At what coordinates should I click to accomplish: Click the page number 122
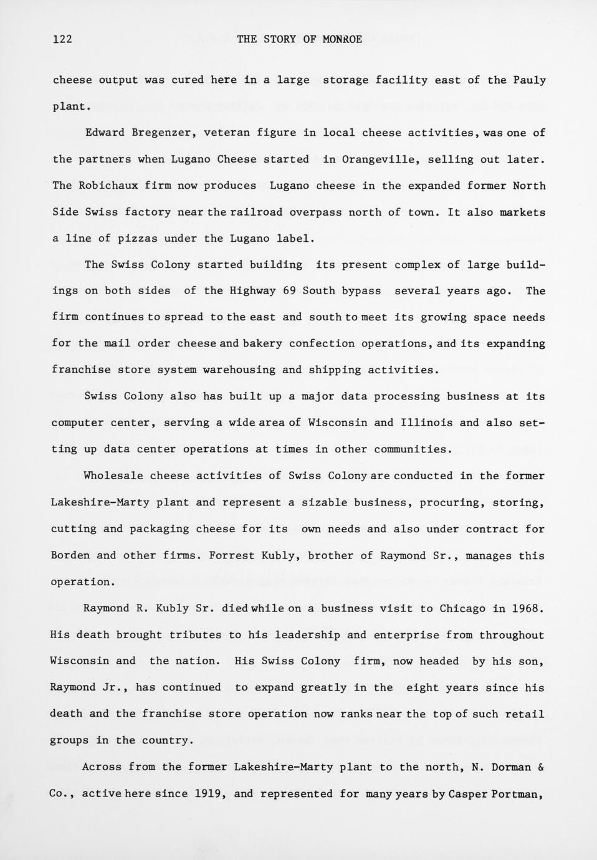click(62, 39)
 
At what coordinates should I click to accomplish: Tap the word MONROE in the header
click(342, 39)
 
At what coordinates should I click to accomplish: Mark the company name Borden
click(70, 555)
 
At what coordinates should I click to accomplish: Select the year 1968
click(527, 608)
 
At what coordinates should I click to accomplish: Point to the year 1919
click(211, 793)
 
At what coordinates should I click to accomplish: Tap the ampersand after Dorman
click(540, 767)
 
